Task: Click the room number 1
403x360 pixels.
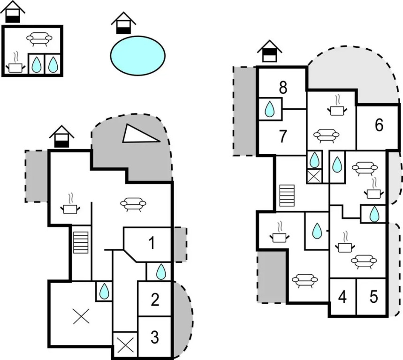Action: tap(151, 243)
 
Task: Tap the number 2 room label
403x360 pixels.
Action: tap(155, 299)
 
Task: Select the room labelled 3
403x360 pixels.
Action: tap(155, 337)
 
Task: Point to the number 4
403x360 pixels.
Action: tap(342, 297)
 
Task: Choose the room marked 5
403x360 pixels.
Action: tap(374, 297)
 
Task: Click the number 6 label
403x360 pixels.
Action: tap(379, 125)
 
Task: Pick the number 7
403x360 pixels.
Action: tap(282, 136)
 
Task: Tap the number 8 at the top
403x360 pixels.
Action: tap(282, 87)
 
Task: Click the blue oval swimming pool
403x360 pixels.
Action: tap(138, 55)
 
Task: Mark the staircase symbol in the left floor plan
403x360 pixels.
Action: tap(81, 241)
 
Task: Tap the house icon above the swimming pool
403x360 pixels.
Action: tap(123, 23)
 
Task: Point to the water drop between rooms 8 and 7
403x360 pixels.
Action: tap(270, 109)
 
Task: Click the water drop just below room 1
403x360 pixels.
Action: tap(160, 271)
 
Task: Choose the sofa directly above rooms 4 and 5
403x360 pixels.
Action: tap(364, 261)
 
